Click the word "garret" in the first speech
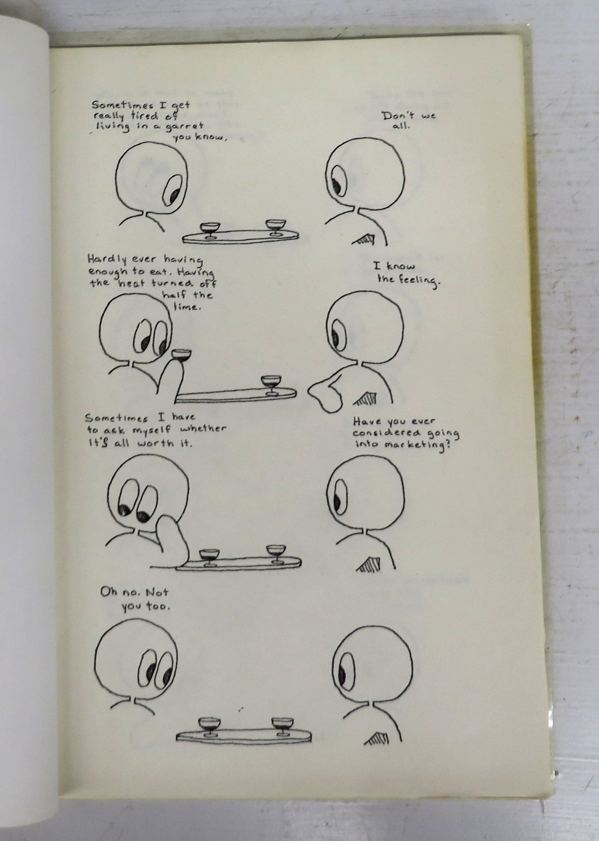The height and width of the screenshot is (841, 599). (x=184, y=127)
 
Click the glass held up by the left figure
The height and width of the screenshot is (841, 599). (x=181, y=355)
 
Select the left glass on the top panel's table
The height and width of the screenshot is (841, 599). (x=210, y=230)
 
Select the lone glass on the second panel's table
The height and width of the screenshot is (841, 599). (x=271, y=385)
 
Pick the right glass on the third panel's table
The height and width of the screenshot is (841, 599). (x=276, y=554)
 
